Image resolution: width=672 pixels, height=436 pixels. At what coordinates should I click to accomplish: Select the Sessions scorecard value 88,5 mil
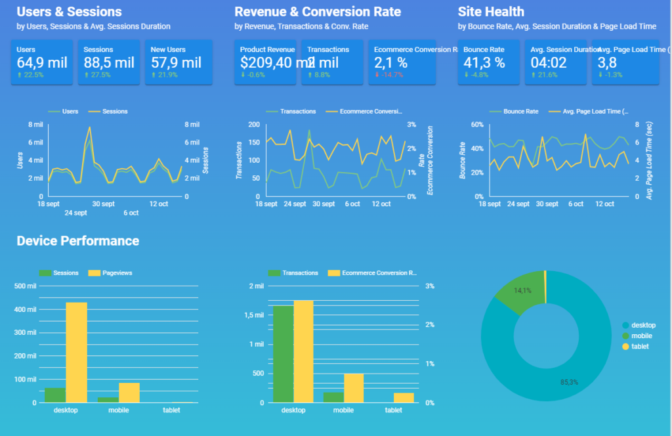[109, 63]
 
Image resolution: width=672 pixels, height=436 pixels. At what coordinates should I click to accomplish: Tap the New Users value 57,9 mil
[176, 63]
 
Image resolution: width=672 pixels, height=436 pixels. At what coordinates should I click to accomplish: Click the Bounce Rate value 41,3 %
[484, 63]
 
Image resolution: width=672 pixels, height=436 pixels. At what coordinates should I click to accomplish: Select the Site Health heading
[491, 12]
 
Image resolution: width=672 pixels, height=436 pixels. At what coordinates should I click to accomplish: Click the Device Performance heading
[78, 241]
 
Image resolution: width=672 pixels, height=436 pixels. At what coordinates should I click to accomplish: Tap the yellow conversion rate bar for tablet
[403, 397]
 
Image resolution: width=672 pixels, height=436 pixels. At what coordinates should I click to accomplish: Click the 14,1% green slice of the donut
[521, 293]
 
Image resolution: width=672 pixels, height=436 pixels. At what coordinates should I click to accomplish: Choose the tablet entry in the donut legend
[640, 346]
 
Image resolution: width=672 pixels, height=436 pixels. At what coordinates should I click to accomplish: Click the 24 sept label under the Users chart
[75, 213]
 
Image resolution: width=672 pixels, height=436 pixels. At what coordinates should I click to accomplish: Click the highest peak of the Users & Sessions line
[89, 127]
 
